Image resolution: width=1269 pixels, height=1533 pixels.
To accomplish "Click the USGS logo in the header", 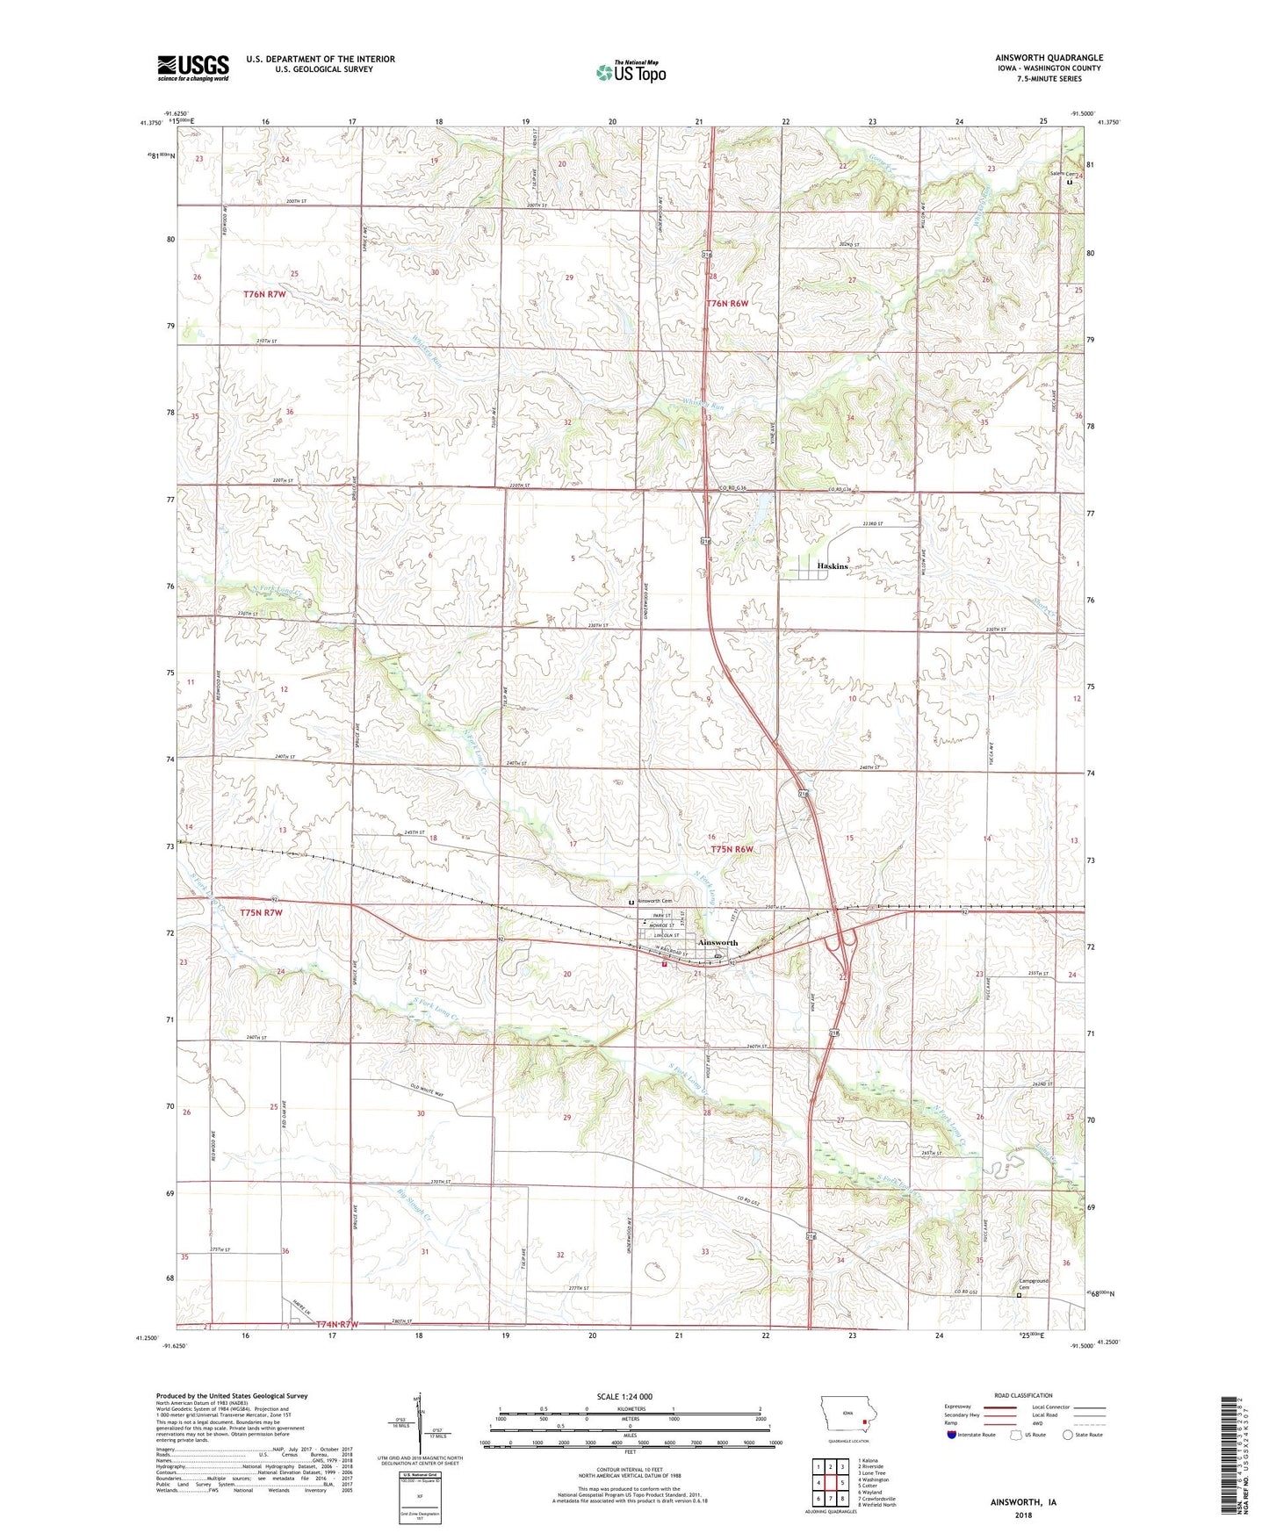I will coord(193,68).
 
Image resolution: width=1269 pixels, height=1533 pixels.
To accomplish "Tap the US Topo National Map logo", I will coord(631,72).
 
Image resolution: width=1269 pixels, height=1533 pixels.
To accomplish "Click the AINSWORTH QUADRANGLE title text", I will coord(1045,57).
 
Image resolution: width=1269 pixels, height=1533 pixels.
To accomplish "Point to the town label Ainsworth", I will coord(717,942).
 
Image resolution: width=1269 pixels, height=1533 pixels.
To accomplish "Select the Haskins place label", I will coord(832,566).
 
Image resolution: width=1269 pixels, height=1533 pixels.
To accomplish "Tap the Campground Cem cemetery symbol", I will coord(1019,1295).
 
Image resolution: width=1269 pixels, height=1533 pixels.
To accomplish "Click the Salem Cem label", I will coord(1062,174).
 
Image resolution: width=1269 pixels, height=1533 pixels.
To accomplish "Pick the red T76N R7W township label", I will coord(264,294).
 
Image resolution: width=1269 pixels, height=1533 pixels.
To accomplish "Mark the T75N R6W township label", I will coord(732,849).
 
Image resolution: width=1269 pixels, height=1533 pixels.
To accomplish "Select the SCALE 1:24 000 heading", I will coord(624,1396).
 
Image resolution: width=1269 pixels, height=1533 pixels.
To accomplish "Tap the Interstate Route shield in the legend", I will coord(951,1435).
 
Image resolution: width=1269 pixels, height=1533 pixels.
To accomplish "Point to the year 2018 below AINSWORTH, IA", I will coord(1022,1515).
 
